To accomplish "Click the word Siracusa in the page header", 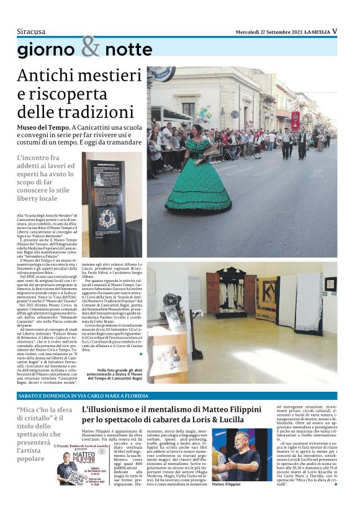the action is click(31, 31).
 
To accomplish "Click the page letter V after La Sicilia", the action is click(335, 31).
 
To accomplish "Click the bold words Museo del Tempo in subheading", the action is click(42, 127).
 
